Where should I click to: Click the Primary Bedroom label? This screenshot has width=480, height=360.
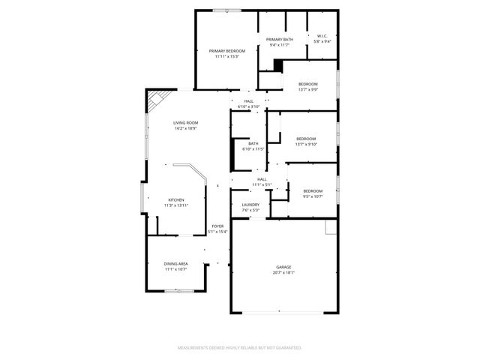pos(226,50)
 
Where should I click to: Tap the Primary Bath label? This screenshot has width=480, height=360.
pos(279,39)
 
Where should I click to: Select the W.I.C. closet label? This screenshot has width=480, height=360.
pos(322,35)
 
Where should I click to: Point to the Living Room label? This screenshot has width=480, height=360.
pos(185,122)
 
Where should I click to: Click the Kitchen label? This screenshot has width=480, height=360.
pos(175,199)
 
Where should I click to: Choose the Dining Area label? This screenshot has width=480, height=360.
pos(176,263)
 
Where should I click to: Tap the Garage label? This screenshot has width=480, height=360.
pos(283,266)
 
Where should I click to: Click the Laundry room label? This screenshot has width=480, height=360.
pos(250,205)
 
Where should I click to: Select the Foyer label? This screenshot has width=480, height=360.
pos(217,226)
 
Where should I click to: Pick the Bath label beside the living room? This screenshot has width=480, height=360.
pos(253,143)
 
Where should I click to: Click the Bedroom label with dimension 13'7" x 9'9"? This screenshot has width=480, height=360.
pos(308,84)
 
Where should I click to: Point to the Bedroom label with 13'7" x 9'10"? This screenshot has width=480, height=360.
pos(306,139)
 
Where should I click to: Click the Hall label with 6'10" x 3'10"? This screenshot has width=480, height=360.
pos(248,101)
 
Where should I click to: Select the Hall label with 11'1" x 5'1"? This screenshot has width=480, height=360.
pos(262,179)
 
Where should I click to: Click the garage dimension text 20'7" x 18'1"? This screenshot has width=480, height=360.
pos(283,272)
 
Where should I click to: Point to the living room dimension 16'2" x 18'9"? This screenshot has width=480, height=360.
pos(185,128)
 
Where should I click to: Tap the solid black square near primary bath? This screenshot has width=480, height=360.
pos(277,64)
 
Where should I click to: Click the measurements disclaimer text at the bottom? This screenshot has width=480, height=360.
pos(239,348)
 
